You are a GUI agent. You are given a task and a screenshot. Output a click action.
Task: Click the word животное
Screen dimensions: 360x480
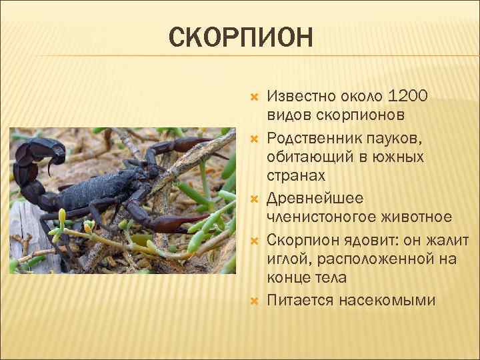click(415, 217)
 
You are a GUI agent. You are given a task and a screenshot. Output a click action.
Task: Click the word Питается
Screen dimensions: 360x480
click(299, 301)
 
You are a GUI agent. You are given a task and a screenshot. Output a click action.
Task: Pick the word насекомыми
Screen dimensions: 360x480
click(387, 301)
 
